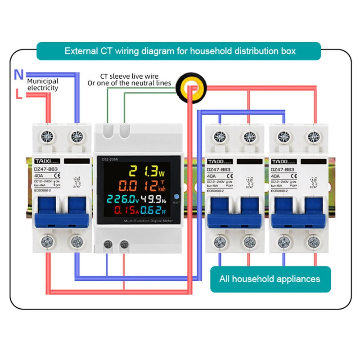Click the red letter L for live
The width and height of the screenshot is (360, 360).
click(x=18, y=94)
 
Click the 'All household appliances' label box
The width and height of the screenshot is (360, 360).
click(x=270, y=279)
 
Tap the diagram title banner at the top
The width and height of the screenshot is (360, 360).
click(x=180, y=51)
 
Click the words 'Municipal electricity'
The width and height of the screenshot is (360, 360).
click(x=43, y=85)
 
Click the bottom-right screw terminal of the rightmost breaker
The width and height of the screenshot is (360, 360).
click(x=313, y=242)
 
